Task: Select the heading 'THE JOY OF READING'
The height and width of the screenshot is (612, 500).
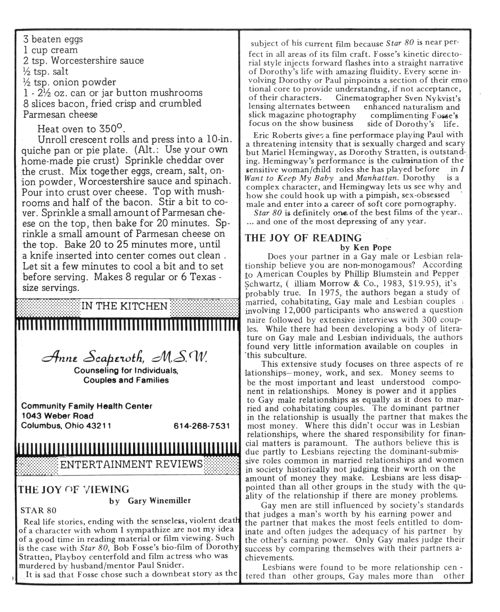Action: click(x=303, y=238)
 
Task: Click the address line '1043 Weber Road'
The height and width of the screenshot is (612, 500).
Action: click(x=58, y=416)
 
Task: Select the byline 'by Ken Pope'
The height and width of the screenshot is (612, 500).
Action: click(x=366, y=248)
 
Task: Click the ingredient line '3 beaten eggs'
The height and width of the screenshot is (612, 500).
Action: click(x=53, y=39)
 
